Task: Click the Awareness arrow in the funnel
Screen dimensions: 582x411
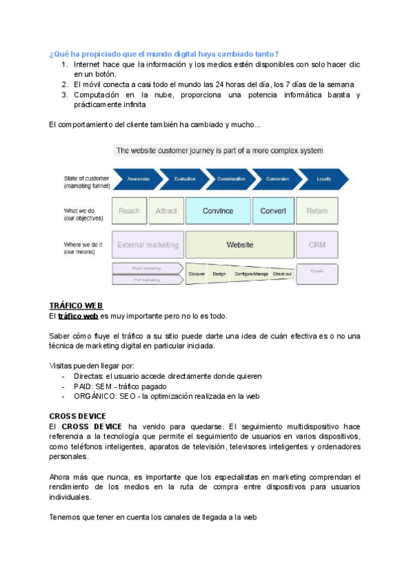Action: point(138,178)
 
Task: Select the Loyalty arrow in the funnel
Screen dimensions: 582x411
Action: point(323,178)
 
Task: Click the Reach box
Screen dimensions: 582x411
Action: point(129,211)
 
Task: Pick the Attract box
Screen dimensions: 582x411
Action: point(166,211)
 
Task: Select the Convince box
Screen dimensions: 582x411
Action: point(218,211)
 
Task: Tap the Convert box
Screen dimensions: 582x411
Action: point(273,211)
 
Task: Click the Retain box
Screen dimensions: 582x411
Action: point(316,211)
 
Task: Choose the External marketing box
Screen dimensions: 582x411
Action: point(147,244)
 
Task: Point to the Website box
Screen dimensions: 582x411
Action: point(240,244)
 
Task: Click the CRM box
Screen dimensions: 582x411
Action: point(316,244)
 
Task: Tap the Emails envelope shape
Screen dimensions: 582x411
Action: point(316,275)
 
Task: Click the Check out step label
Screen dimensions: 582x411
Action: point(282,274)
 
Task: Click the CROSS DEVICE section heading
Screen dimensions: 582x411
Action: point(77,416)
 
